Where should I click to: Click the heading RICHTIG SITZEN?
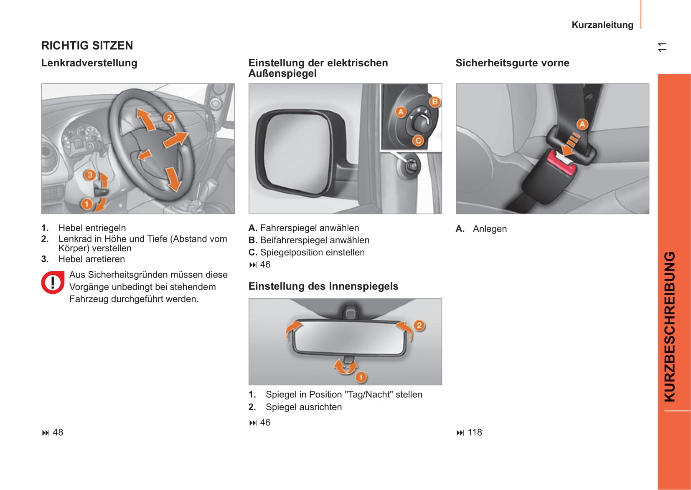click(87, 45)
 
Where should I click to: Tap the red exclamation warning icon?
click(53, 283)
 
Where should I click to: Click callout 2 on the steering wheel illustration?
click(169, 117)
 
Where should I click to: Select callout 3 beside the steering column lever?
click(90, 175)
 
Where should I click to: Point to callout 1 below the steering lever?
click(86, 204)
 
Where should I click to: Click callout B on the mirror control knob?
click(435, 102)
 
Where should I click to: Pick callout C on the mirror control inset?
click(418, 141)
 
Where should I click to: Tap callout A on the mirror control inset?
click(401, 112)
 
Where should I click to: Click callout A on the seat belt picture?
click(582, 124)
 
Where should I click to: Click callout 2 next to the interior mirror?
click(419, 325)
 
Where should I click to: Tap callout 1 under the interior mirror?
click(361, 377)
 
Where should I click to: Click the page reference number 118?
click(475, 432)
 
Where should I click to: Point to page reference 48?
click(58, 432)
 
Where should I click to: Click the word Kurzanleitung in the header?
click(602, 25)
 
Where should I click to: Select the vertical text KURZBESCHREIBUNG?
click(669, 326)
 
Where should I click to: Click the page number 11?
click(662, 47)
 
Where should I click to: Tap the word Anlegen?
click(490, 229)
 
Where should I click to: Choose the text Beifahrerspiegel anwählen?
click(315, 240)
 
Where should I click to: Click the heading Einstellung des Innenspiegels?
click(323, 286)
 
